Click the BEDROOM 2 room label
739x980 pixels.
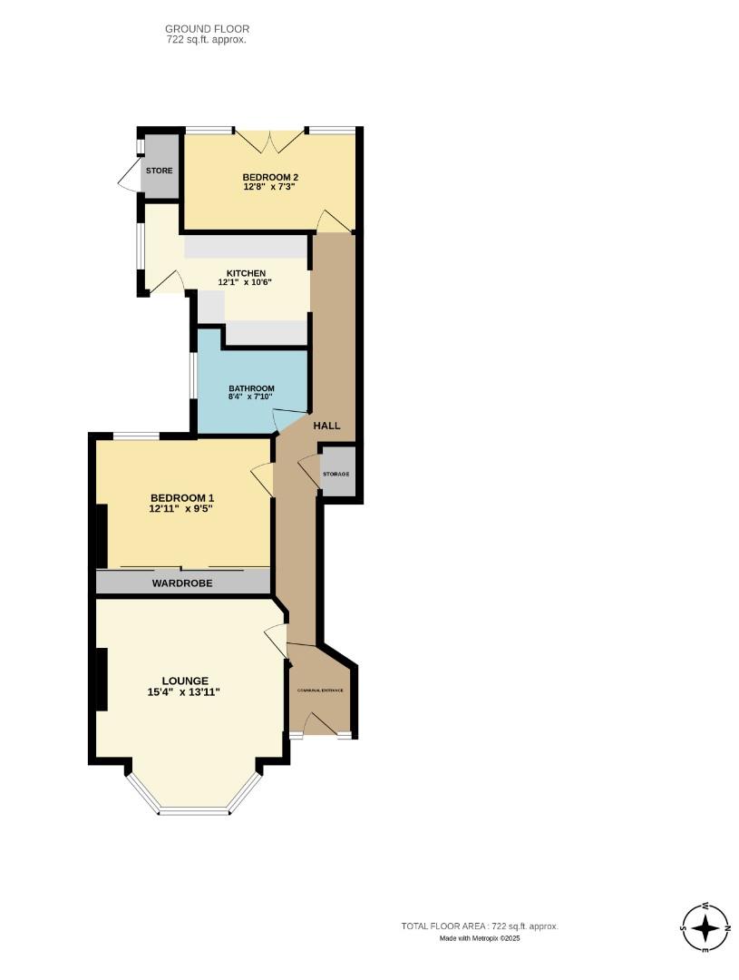click(269, 177)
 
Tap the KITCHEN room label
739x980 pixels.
click(246, 273)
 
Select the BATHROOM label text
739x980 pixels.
click(251, 388)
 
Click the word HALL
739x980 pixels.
click(326, 426)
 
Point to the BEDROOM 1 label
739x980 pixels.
click(182, 498)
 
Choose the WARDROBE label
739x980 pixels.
click(182, 583)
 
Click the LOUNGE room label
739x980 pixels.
click(185, 681)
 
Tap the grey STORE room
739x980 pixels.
click(160, 170)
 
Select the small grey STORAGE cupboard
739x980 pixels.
click(335, 474)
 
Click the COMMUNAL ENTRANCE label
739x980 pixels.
click(321, 691)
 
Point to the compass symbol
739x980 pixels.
click(705, 928)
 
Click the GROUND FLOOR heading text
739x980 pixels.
click(207, 29)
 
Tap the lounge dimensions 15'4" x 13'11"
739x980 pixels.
click(185, 692)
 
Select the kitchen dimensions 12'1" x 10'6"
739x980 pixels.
click(246, 283)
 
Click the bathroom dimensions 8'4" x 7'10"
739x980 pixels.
click(251, 397)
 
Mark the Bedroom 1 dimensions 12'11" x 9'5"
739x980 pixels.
click(182, 510)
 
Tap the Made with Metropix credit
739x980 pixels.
click(480, 938)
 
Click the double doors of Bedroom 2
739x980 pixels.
click(268, 141)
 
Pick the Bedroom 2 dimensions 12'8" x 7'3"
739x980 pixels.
click(269, 187)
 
